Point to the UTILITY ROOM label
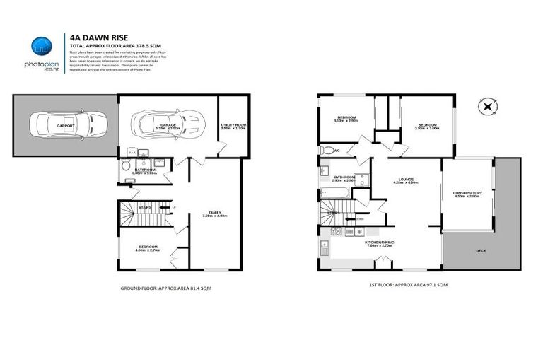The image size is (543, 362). click(231, 125)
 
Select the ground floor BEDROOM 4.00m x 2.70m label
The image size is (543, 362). click(148, 248)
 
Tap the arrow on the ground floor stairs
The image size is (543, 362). click(164, 207)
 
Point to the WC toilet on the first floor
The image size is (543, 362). click(325, 151)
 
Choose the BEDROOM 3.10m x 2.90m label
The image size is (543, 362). click(346, 119)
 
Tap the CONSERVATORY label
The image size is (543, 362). click(467, 194)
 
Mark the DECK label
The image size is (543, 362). click(481, 250)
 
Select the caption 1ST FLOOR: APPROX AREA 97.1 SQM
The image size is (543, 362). click(408, 284)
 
